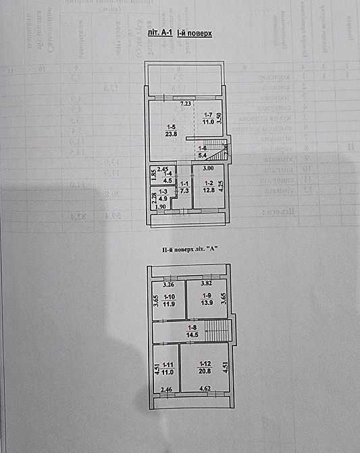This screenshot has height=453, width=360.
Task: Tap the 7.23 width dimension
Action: click(x=186, y=103)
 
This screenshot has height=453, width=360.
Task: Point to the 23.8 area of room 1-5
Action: click(x=172, y=134)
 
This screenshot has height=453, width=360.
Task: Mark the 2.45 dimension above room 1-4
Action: click(x=162, y=168)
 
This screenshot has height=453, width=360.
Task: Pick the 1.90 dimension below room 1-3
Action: click(x=160, y=206)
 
